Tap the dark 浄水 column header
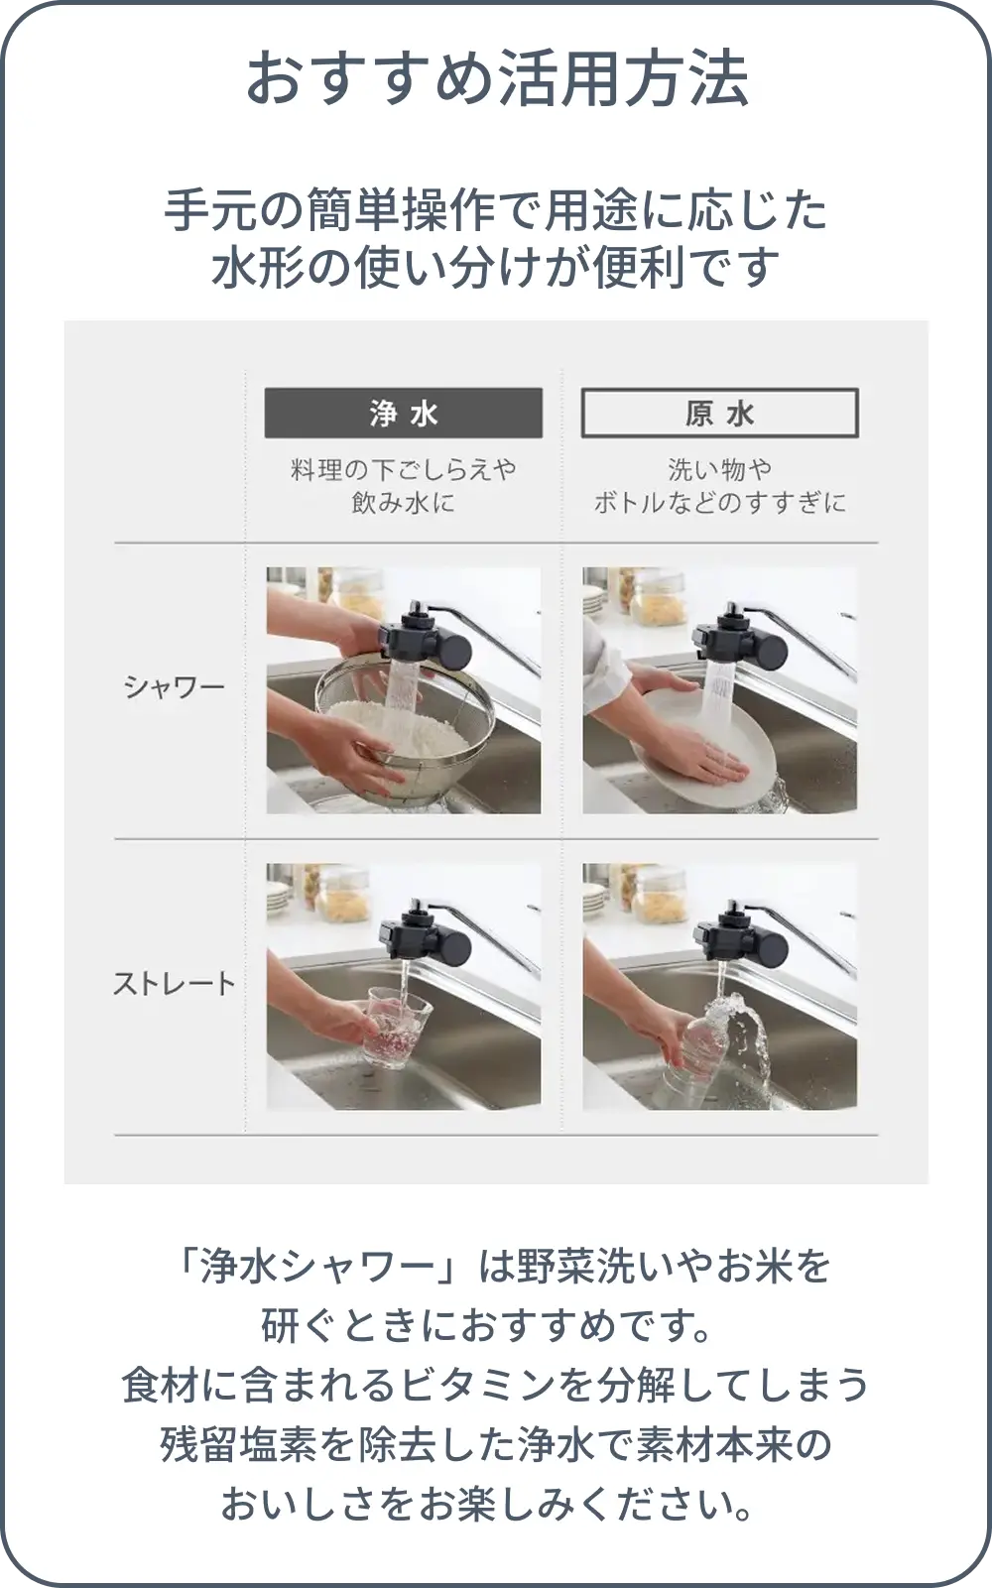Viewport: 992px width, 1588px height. (404, 413)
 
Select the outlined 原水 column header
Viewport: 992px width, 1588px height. (720, 413)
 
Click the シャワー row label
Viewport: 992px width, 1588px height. (175, 687)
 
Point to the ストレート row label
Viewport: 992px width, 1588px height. (175, 983)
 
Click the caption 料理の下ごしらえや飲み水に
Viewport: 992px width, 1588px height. (404, 486)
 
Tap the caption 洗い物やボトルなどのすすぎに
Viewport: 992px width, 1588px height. (720, 486)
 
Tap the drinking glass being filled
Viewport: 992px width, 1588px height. (397, 1028)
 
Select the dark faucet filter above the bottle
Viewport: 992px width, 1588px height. (740, 933)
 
